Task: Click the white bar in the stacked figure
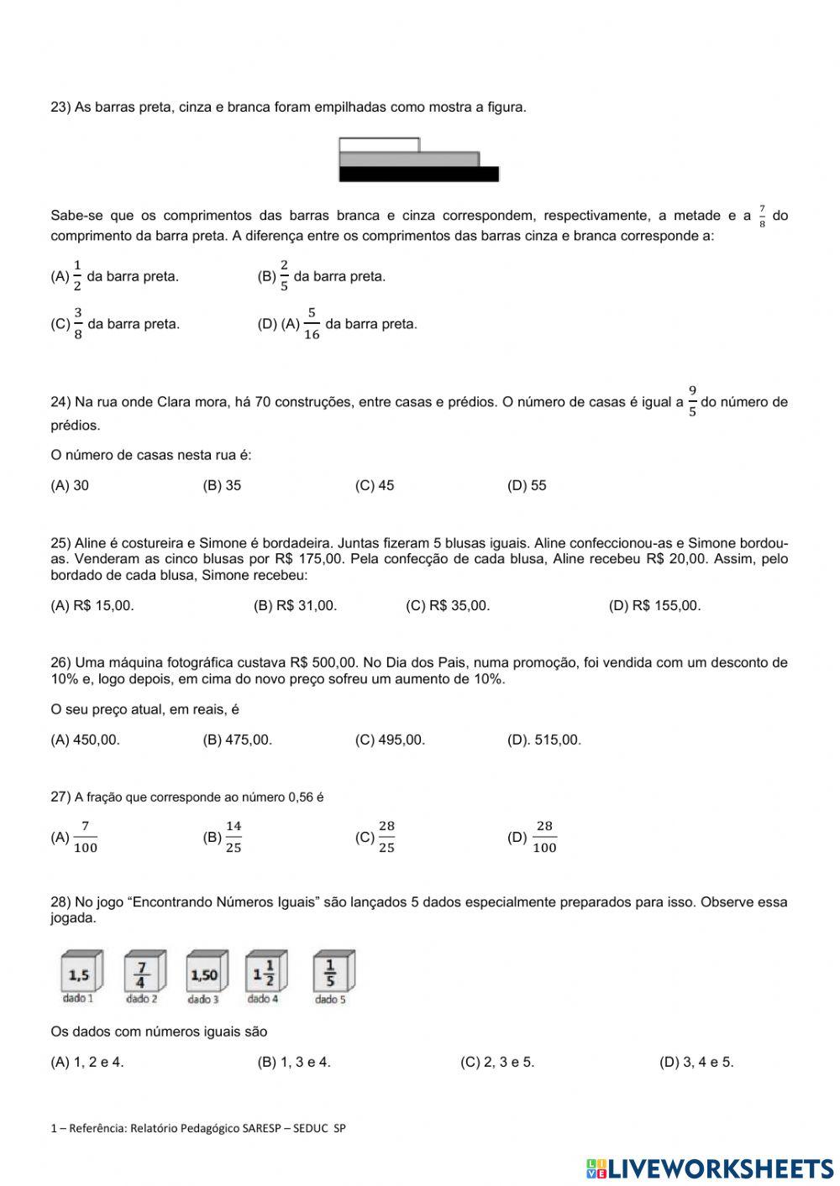(379, 144)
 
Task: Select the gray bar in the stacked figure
(409, 159)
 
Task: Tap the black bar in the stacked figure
(418, 174)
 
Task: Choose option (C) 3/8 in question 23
(115, 324)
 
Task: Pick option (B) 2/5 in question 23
(321, 276)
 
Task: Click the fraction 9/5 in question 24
(692, 401)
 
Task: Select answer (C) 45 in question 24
(375, 485)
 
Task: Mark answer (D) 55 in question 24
(527, 485)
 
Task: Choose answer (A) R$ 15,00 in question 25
(92, 605)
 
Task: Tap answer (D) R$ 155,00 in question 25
(654, 605)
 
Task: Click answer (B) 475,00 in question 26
(238, 739)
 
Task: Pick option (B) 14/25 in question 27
(223, 837)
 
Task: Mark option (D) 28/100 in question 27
(533, 837)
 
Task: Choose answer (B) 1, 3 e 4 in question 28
(294, 1062)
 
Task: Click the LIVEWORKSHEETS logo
(710, 1168)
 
